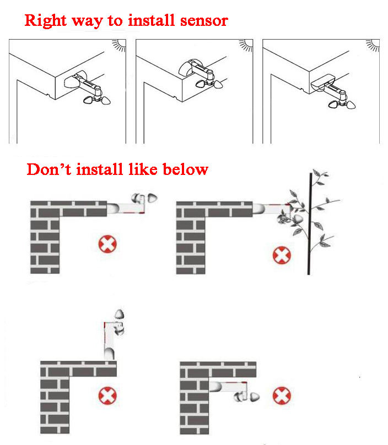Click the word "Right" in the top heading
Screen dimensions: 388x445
[x=46, y=21]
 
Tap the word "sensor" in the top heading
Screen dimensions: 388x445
[x=204, y=21]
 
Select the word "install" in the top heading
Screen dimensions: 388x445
[x=151, y=20]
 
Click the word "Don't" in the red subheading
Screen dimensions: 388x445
[x=48, y=169]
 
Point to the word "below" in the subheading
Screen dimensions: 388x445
[x=186, y=169]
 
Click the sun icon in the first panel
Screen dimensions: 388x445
[x=119, y=45]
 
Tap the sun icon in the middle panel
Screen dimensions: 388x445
[x=246, y=45]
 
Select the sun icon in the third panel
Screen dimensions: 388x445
[x=373, y=45]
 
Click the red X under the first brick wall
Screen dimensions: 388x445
[x=107, y=244]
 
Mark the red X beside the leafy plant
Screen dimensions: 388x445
[x=282, y=255]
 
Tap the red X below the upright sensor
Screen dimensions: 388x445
[x=107, y=395]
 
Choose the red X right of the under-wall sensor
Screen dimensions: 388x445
[x=282, y=395]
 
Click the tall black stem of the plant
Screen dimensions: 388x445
[x=310, y=224]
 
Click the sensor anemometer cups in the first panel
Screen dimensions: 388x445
[x=97, y=100]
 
